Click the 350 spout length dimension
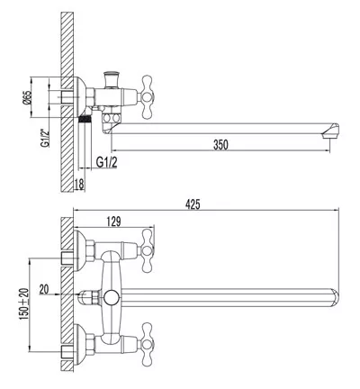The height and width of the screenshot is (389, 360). point(220,145)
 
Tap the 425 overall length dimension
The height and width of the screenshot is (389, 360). point(193,204)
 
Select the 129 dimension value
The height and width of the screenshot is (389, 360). point(113,222)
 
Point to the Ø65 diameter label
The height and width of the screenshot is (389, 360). point(27,97)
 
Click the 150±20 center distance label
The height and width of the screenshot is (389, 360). point(24,304)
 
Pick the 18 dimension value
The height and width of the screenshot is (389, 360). point(79,184)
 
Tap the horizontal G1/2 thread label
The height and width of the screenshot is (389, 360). point(107,162)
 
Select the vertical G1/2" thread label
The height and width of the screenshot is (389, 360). point(44,137)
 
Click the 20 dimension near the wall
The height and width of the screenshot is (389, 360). point(44,289)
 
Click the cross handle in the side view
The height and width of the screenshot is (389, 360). point(147,96)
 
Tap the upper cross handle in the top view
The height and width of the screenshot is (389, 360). point(148,250)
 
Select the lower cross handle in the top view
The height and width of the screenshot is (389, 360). point(148,344)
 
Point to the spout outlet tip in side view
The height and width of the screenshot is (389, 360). point(330,131)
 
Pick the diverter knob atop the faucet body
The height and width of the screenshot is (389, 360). point(112,79)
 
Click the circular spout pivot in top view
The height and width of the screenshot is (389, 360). point(112,298)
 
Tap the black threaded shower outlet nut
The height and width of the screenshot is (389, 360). point(85,119)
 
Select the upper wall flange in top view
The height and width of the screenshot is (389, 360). point(79,250)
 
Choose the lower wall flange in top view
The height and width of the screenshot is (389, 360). point(79,344)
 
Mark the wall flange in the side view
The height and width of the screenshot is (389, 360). point(79,96)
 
